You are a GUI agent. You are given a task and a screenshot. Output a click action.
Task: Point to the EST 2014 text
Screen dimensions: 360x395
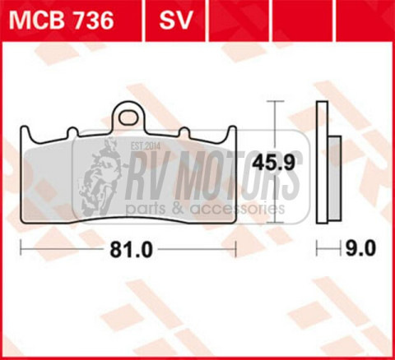click(x=142, y=147)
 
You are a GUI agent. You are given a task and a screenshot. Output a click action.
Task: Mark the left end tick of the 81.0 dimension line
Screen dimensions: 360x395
click(x=20, y=248)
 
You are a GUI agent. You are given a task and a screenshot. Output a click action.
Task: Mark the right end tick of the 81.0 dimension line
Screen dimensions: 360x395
click(x=236, y=248)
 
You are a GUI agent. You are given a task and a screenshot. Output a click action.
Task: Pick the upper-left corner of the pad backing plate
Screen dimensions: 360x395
click(x=21, y=128)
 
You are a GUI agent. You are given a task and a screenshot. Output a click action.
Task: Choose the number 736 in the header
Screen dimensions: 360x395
click(x=92, y=21)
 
